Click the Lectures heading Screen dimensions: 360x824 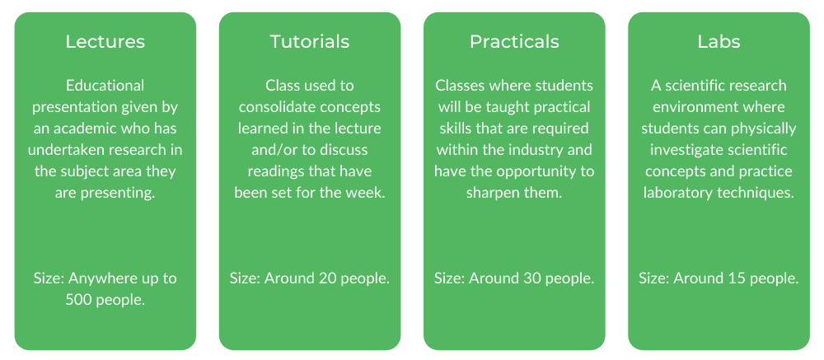coord(105,42)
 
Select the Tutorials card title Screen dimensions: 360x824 coord(310,42)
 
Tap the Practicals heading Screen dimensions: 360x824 coord(514,42)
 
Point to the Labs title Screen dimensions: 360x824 coord(719,42)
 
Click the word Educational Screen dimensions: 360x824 coord(105,86)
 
